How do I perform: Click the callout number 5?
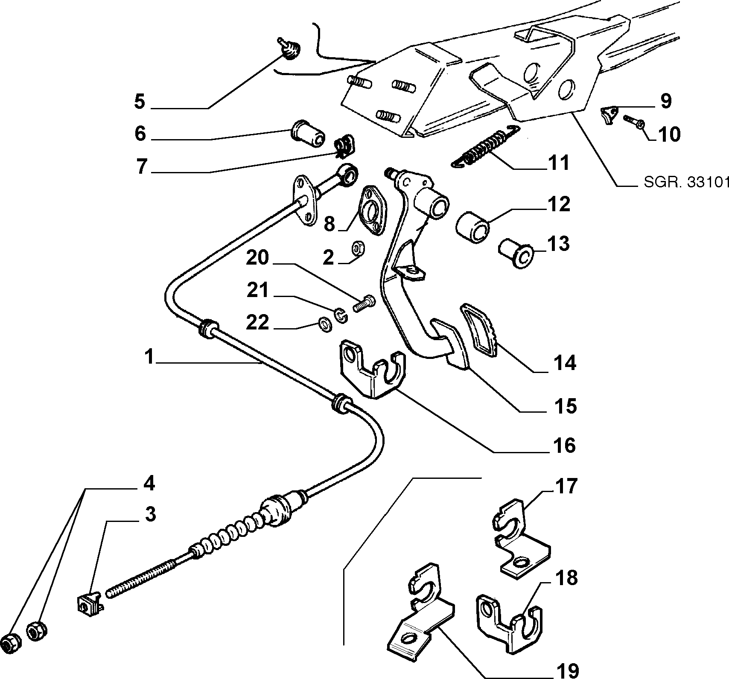click(x=139, y=102)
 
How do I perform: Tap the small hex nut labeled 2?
click(x=357, y=248)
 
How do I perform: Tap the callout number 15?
click(x=566, y=406)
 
